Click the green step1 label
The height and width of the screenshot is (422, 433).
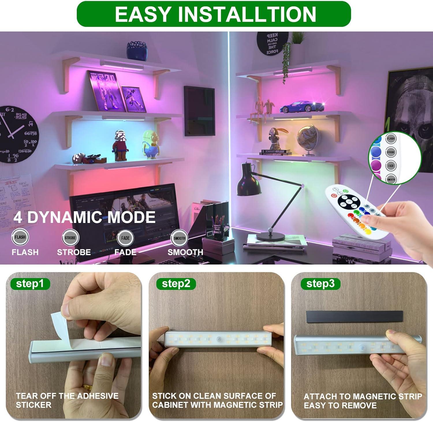click(30, 284)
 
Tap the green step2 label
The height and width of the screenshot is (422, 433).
click(176, 284)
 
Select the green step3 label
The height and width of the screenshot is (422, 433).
click(320, 284)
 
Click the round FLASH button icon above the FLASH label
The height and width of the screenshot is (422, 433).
click(20, 237)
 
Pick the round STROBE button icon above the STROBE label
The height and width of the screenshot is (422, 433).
click(70, 238)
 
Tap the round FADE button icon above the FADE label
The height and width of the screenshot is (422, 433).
click(125, 238)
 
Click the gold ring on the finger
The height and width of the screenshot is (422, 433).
click(87, 387)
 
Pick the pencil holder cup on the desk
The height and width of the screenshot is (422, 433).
click(217, 228)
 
